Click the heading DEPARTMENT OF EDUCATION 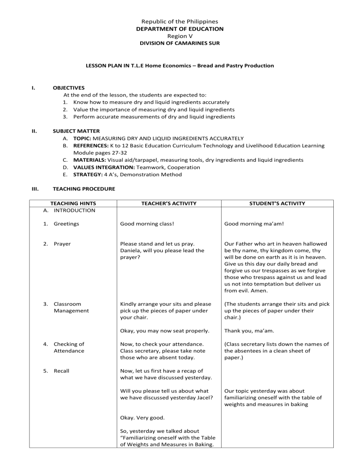coord(180,29)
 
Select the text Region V coord(180,36)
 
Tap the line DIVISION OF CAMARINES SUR coord(180,43)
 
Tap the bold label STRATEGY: coord(82,174)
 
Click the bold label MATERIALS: coord(86,160)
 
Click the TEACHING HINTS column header coord(73,203)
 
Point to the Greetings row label coord(67,224)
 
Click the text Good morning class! coord(147,224)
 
